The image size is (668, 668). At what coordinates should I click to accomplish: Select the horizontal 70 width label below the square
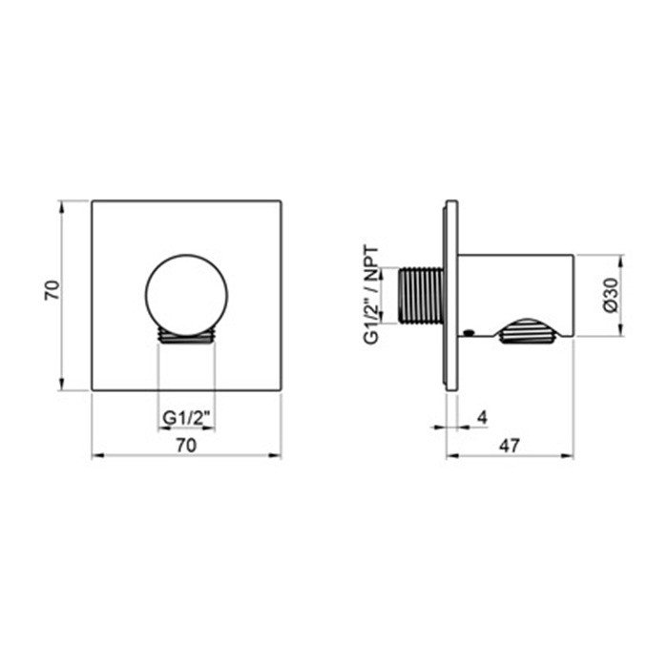pos(186,445)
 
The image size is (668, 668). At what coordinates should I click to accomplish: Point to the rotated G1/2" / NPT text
pos(373,293)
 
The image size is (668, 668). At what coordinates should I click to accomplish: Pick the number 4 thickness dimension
pos(482,416)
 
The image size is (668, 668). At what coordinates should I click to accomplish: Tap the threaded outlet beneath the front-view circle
pos(186,334)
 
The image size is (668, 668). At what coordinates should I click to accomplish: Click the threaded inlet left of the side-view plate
pos(422,293)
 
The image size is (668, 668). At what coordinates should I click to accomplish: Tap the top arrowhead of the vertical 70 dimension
pos(62,205)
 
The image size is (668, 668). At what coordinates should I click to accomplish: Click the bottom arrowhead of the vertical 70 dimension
pos(62,386)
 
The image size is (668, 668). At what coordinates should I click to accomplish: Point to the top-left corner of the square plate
pos(92,200)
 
